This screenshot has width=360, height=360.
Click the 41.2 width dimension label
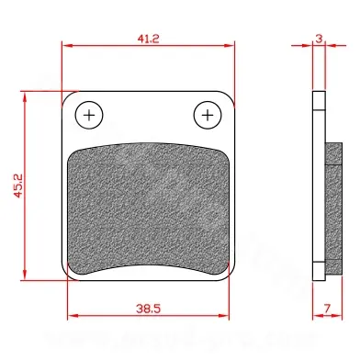[148, 39]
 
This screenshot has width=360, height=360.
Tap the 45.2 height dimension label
[18, 186]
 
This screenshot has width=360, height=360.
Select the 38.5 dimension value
[149, 309]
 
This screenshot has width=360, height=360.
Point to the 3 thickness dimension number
[319, 39]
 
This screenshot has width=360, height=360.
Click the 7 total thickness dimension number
[327, 309]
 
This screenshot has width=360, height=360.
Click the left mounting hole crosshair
[89, 116]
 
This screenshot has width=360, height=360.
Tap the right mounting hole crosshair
[208, 116]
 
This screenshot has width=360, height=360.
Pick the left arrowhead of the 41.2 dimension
[67, 46]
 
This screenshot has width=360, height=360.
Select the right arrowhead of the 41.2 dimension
[229, 46]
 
